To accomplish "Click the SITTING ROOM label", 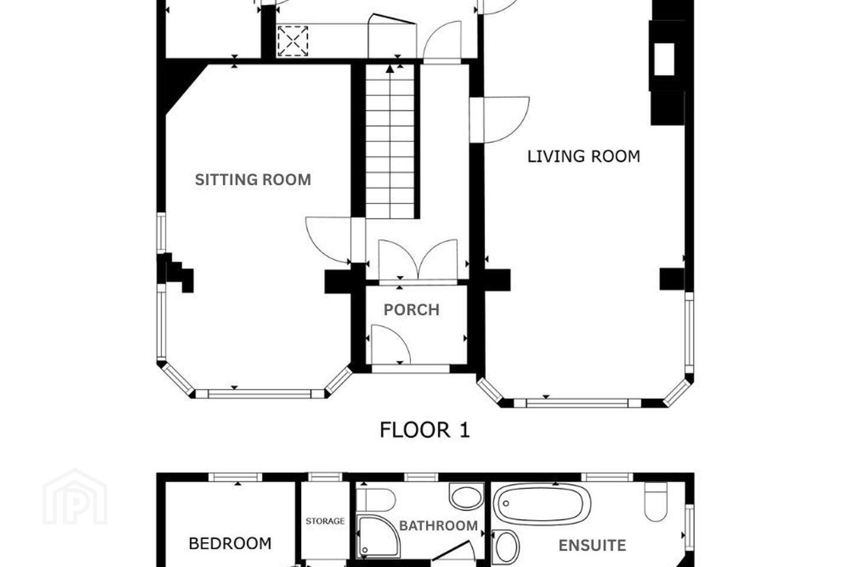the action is tap(253, 180).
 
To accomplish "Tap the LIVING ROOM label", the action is tap(584, 157).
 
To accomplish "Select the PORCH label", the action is tap(412, 310).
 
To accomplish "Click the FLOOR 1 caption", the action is tap(424, 431).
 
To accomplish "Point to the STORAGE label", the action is tap(325, 521).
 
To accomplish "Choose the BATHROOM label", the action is tap(439, 526).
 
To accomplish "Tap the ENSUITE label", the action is tap(593, 546).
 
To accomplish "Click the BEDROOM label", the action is tap(230, 544).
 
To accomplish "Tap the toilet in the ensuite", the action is tap(656, 502).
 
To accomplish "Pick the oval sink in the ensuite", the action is tap(506, 546).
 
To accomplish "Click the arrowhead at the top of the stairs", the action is tap(390, 69).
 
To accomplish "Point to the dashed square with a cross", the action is tap(293, 41).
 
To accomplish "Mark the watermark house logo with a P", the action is tap(75, 497).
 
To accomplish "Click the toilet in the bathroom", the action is tap(376, 500).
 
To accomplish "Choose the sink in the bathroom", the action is tap(466, 496).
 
